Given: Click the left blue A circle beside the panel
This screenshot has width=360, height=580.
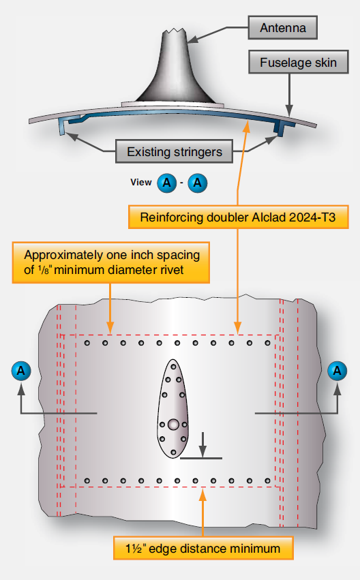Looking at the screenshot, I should (22, 371).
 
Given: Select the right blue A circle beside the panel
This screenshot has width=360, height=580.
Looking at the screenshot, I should (337, 371).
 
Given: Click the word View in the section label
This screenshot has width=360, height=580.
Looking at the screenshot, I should (141, 183).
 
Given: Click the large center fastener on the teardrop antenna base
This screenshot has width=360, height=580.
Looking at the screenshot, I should (174, 425).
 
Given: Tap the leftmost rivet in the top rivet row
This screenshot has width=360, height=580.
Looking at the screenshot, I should (87, 344).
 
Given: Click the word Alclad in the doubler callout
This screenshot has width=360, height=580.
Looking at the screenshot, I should (256, 218).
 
